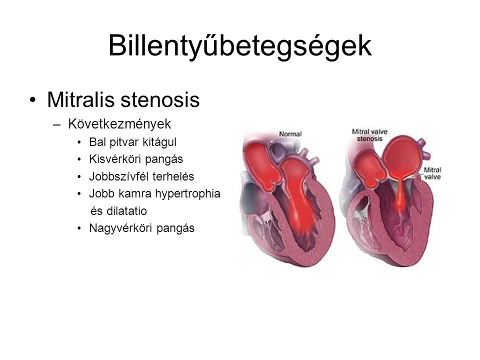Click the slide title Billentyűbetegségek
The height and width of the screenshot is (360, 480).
coord(240,46)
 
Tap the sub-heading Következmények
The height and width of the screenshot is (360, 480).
coord(119,123)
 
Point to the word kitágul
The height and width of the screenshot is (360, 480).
coord(160,142)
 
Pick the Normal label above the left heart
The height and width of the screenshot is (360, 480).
coord(290,134)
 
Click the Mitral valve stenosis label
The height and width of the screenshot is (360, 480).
coord(369,135)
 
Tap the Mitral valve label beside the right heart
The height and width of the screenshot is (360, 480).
coord(432,173)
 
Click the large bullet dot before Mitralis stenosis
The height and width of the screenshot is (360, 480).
coord(33,100)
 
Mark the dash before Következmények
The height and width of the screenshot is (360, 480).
coord(56,124)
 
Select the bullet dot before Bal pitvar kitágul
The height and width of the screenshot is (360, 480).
coord(79,142)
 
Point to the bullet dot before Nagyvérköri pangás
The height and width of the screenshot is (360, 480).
coord(79,228)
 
